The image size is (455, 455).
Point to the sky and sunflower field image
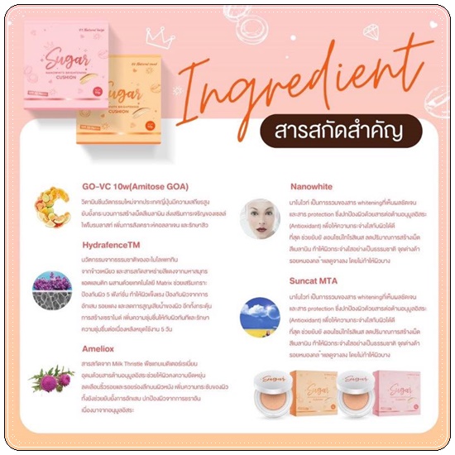[x=259, y=314]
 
